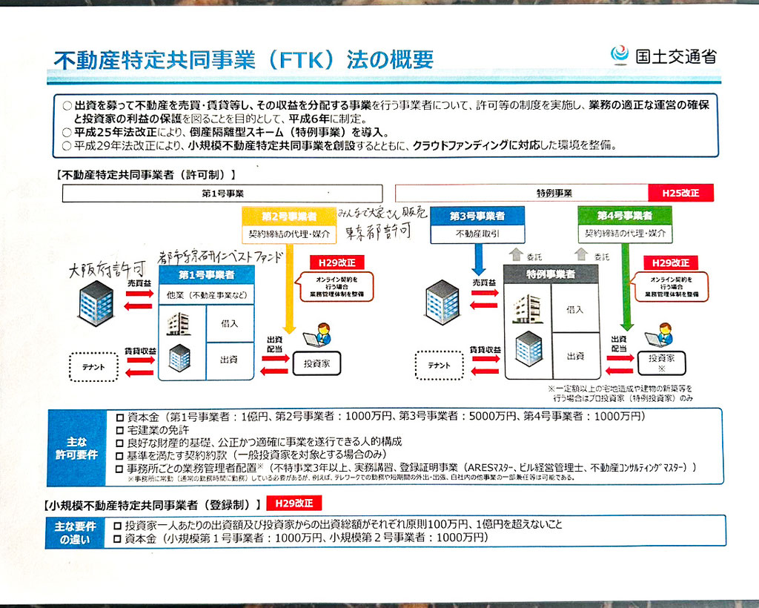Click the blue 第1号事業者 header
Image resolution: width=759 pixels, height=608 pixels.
pos(207,275)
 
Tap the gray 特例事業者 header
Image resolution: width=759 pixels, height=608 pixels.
pos(551,274)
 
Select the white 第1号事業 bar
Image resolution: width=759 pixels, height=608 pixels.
pos(222,194)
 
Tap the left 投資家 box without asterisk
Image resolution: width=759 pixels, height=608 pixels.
pos(316,363)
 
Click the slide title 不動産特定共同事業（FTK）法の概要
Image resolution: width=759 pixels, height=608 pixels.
pos(244,59)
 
